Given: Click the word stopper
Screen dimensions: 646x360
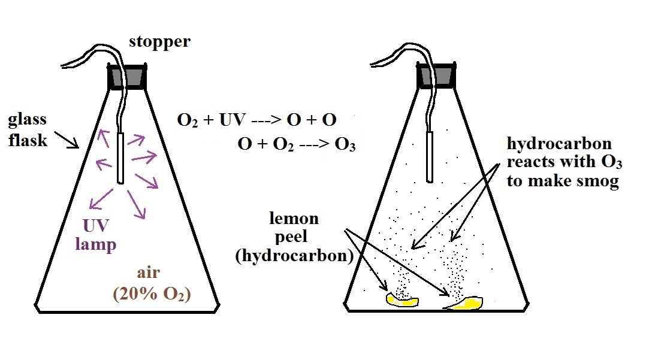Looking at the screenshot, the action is tap(159, 42).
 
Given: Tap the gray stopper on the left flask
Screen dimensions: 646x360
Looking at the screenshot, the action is tap(127, 77).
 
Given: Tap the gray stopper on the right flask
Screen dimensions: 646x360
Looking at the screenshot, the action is tap(436, 77).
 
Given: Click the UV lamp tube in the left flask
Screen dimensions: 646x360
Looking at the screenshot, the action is tap(120, 158).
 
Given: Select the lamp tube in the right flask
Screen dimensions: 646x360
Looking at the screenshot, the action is tap(430, 156).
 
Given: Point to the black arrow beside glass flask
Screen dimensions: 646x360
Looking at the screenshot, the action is tap(67, 139).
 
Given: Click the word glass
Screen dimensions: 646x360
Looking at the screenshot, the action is tap(27, 120).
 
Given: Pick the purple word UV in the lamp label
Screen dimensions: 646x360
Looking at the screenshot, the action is tap(96, 226).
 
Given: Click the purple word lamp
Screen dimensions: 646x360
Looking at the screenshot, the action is tap(96, 244).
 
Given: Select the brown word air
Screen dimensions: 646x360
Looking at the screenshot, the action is tap(149, 273).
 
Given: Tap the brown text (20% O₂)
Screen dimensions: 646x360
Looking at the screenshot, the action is tap(152, 294).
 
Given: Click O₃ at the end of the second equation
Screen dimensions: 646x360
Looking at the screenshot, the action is tap(345, 145).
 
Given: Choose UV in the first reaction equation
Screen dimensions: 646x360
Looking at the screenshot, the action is tap(233, 120).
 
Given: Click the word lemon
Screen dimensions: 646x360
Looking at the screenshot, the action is tap(294, 218).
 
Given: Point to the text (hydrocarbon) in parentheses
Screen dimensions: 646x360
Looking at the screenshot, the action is tap(294, 256).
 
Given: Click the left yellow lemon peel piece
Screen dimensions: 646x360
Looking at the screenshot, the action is tap(402, 300).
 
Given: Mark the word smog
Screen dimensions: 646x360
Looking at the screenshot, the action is tap(599, 181).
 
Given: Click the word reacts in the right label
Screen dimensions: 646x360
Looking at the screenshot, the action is tap(532, 162).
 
